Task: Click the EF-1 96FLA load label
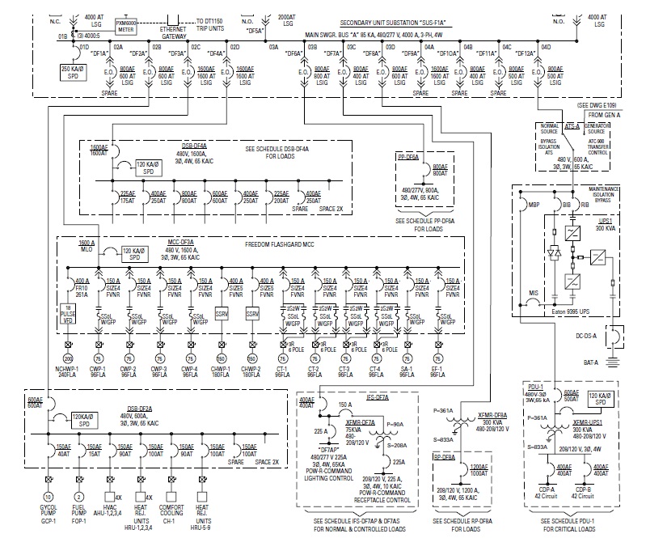[437, 372]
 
